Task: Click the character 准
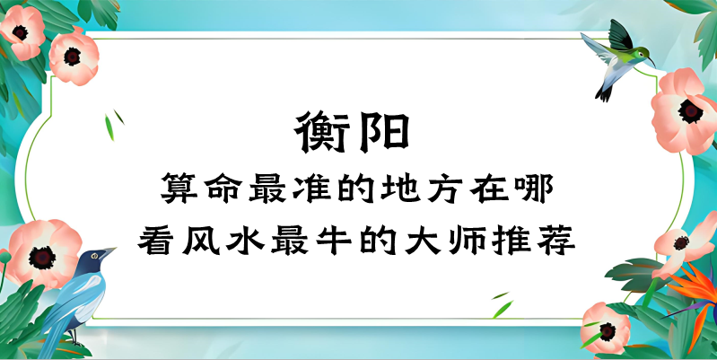pos(309,190)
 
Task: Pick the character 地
pos(398,190)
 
